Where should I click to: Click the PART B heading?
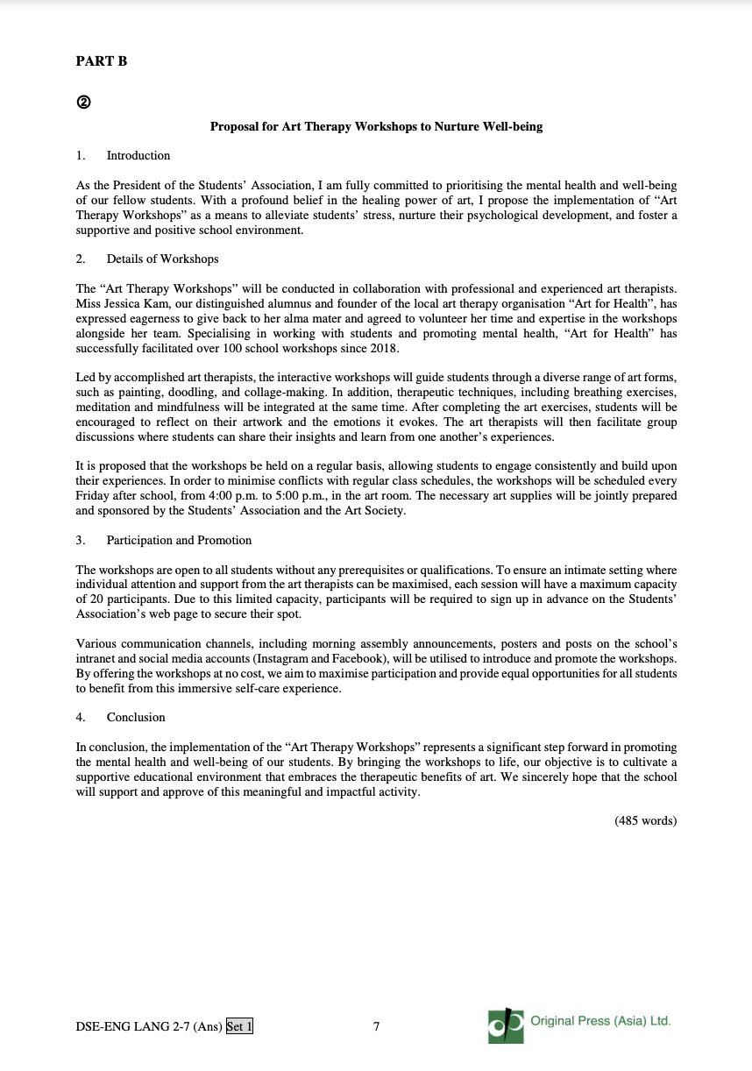102,61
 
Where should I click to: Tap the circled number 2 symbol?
82,101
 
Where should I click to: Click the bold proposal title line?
376,127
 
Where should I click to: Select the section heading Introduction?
138,156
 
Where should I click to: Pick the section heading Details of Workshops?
162,259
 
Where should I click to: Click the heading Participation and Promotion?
179,541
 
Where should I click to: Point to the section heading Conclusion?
136,718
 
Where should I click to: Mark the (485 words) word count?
646,821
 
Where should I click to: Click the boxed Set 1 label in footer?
239,1026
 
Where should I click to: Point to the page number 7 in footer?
376,1026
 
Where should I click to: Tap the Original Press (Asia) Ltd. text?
600,1021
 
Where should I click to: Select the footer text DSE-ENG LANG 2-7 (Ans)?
149,1026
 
